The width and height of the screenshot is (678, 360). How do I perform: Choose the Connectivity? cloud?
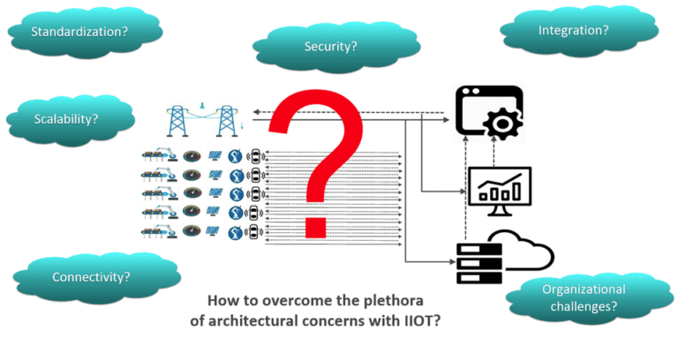point(91,276)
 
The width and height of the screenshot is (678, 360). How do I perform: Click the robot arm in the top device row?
point(157,158)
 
